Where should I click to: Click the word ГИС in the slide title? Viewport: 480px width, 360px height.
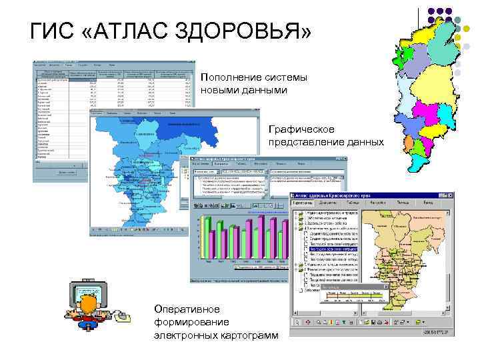pyautogui.click(x=52, y=32)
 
